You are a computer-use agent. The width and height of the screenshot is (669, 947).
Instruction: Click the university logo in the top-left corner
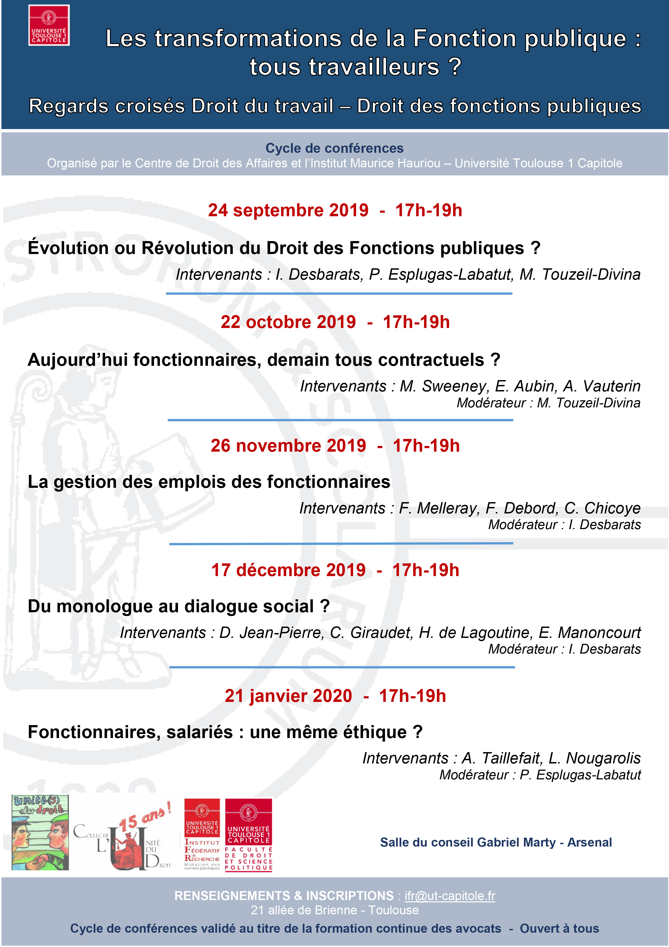pyautogui.click(x=49, y=25)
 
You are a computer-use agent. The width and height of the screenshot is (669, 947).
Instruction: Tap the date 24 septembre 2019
pyautogui.click(x=288, y=210)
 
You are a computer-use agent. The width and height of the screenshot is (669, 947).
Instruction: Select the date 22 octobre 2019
pyautogui.click(x=288, y=322)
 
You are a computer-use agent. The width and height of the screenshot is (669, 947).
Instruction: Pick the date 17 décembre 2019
pyautogui.click(x=288, y=570)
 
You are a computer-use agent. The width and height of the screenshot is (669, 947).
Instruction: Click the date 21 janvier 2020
pyautogui.click(x=288, y=696)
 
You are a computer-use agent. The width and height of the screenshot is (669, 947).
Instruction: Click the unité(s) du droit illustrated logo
pyautogui.click(x=40, y=832)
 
